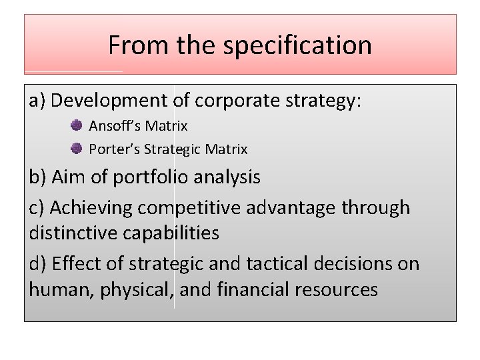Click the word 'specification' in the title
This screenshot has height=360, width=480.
coord(297,45)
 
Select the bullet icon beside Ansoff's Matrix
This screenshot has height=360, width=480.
coord(77,125)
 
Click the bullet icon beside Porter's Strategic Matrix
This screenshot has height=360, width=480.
coord(77,149)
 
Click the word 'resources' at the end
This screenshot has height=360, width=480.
coord(341,289)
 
